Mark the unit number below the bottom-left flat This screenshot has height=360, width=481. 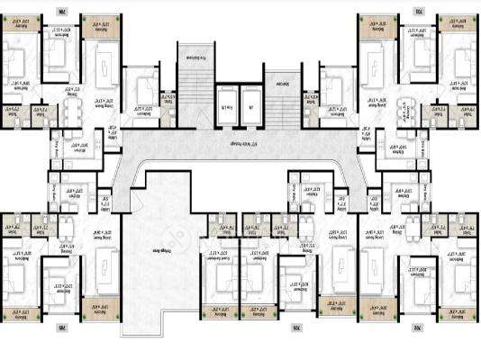click(x=61, y=325)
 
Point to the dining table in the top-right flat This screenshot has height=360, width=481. click(x=407, y=107)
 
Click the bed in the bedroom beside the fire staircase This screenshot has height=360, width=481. click(x=143, y=91)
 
